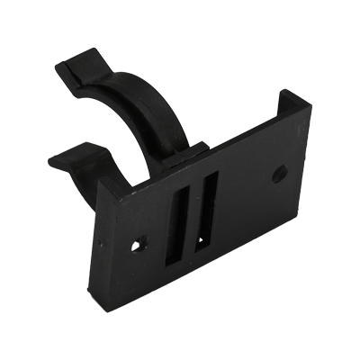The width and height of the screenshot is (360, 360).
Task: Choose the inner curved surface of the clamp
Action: pos(135,121)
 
